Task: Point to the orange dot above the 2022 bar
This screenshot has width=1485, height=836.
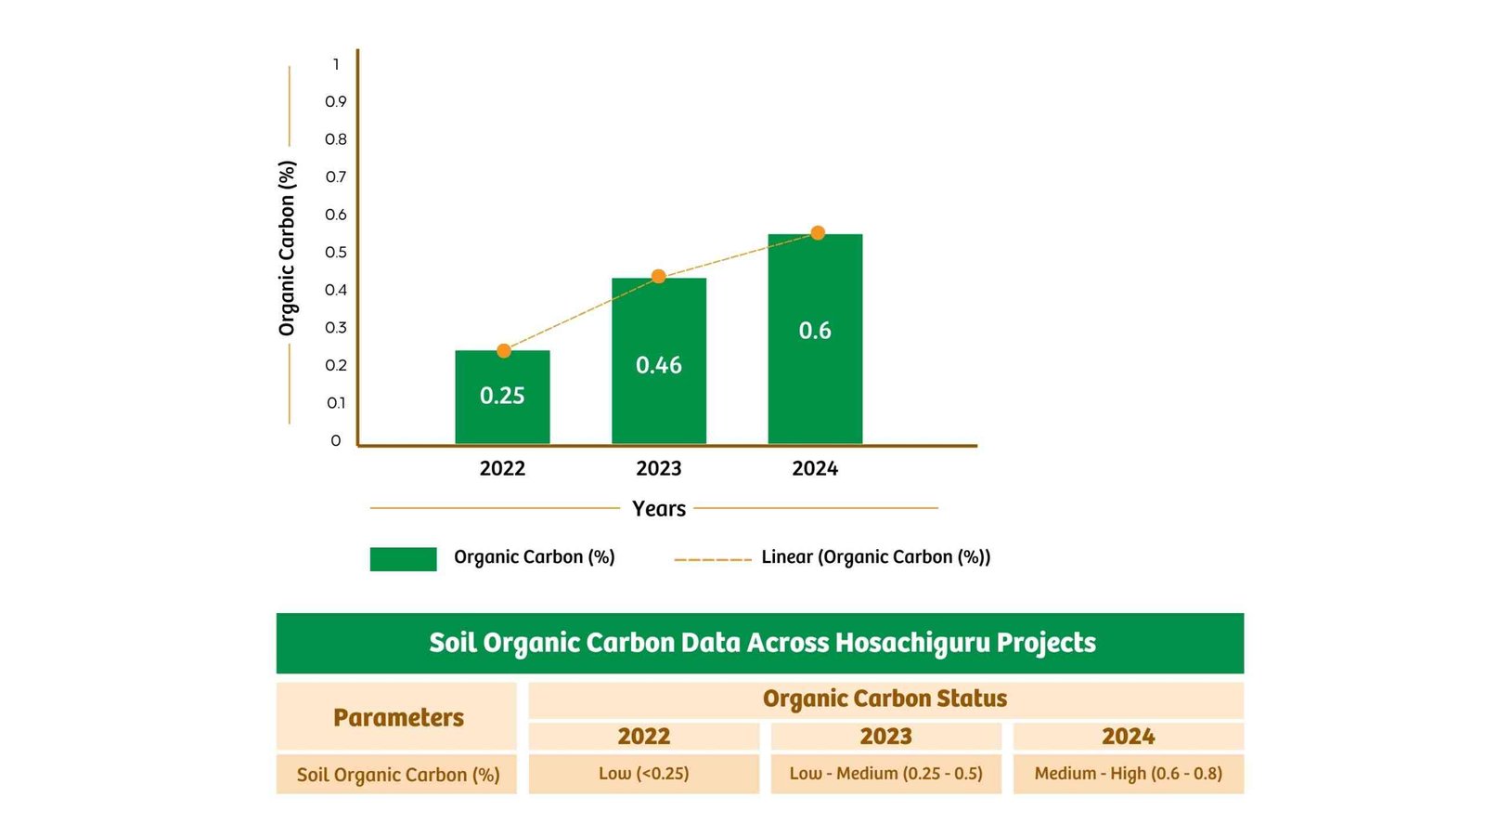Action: coord(504,350)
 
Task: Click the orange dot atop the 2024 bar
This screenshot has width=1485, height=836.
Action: coord(818,232)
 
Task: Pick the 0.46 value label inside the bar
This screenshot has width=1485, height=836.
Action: coord(659,365)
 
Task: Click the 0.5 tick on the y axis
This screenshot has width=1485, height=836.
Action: coord(336,253)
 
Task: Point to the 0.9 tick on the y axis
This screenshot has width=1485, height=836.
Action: coord(336,102)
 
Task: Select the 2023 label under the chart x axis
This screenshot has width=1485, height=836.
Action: coord(659,468)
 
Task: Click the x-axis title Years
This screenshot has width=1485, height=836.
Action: coord(659,508)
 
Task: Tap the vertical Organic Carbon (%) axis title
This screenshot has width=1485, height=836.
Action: coord(287,248)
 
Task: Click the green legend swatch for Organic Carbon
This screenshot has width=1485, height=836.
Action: coord(403,558)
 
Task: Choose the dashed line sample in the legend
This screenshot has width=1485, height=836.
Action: coord(713,560)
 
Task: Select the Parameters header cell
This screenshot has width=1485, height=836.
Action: coord(397,717)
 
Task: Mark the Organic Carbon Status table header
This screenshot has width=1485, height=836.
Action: coord(885,699)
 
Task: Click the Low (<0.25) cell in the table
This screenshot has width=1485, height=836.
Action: coord(643,774)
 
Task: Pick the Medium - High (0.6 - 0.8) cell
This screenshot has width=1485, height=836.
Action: coord(1128,774)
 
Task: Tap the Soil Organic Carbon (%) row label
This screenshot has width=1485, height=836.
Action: coord(397,775)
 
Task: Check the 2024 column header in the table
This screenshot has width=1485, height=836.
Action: coord(1128,737)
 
